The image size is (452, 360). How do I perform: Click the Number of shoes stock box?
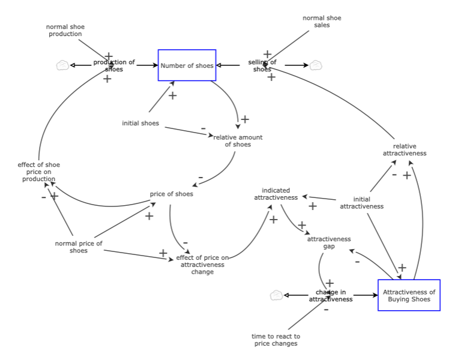coord(187,65)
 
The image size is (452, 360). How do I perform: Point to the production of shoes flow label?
coord(114,65)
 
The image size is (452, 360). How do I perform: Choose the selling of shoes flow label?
coord(262,65)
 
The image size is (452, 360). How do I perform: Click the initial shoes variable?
coord(140,124)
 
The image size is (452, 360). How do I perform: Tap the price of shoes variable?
coord(171,194)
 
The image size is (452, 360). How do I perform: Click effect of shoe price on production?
coord(39,172)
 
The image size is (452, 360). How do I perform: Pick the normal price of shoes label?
coord(79,247)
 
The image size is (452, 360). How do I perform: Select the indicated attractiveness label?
coord(276,193)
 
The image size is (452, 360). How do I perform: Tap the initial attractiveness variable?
coord(361,203)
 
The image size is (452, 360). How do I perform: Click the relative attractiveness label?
coord(405,149)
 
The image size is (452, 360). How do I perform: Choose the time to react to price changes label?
coord(276,340)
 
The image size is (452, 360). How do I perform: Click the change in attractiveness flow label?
coord(331,295)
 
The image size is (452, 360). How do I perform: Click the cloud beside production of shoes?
coord(62,65)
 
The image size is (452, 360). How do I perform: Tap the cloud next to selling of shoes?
coord(316,65)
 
